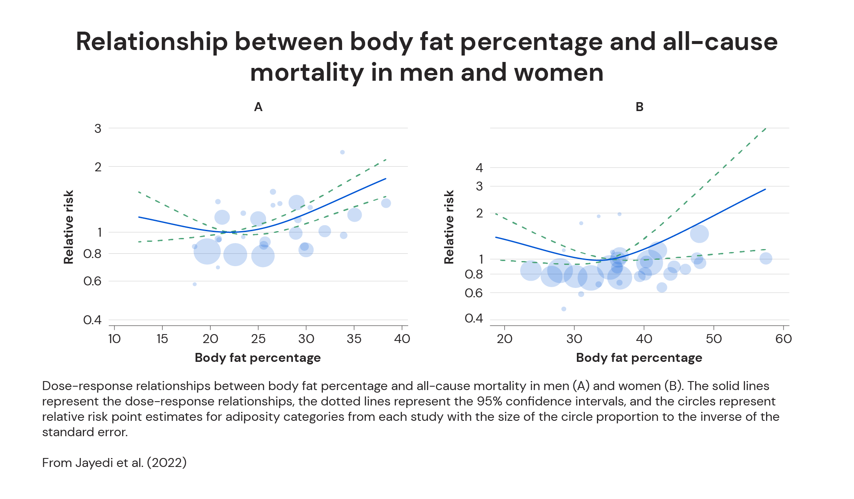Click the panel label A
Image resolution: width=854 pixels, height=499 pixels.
[x=258, y=107]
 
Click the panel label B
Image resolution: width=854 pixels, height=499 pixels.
[x=639, y=107]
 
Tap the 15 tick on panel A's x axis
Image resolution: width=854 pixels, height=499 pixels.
[x=162, y=339]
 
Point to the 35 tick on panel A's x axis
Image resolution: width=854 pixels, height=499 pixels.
[x=354, y=339]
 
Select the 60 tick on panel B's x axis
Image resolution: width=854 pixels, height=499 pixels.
[x=784, y=339]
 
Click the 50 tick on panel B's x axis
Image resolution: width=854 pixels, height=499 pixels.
[x=714, y=339]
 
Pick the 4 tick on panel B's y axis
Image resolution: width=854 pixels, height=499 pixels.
[x=479, y=168]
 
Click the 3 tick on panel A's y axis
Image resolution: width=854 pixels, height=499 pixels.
[x=98, y=128]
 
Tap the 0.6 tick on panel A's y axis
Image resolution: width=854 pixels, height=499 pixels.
[x=92, y=281]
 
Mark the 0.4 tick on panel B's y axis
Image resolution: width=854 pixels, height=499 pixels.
[x=474, y=318]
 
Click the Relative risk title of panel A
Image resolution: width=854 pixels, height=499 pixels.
[x=69, y=227]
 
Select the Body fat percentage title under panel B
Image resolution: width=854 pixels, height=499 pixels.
[x=639, y=358]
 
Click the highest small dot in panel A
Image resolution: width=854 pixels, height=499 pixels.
[x=342, y=152]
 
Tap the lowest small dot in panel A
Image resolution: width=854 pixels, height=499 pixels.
[x=195, y=284]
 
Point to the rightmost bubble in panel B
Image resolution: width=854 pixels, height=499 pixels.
[x=766, y=258]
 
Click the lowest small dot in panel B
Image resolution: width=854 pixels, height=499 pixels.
[x=564, y=309]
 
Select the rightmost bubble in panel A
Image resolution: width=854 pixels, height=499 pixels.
[x=386, y=203]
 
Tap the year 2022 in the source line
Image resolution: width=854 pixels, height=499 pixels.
[x=167, y=463]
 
